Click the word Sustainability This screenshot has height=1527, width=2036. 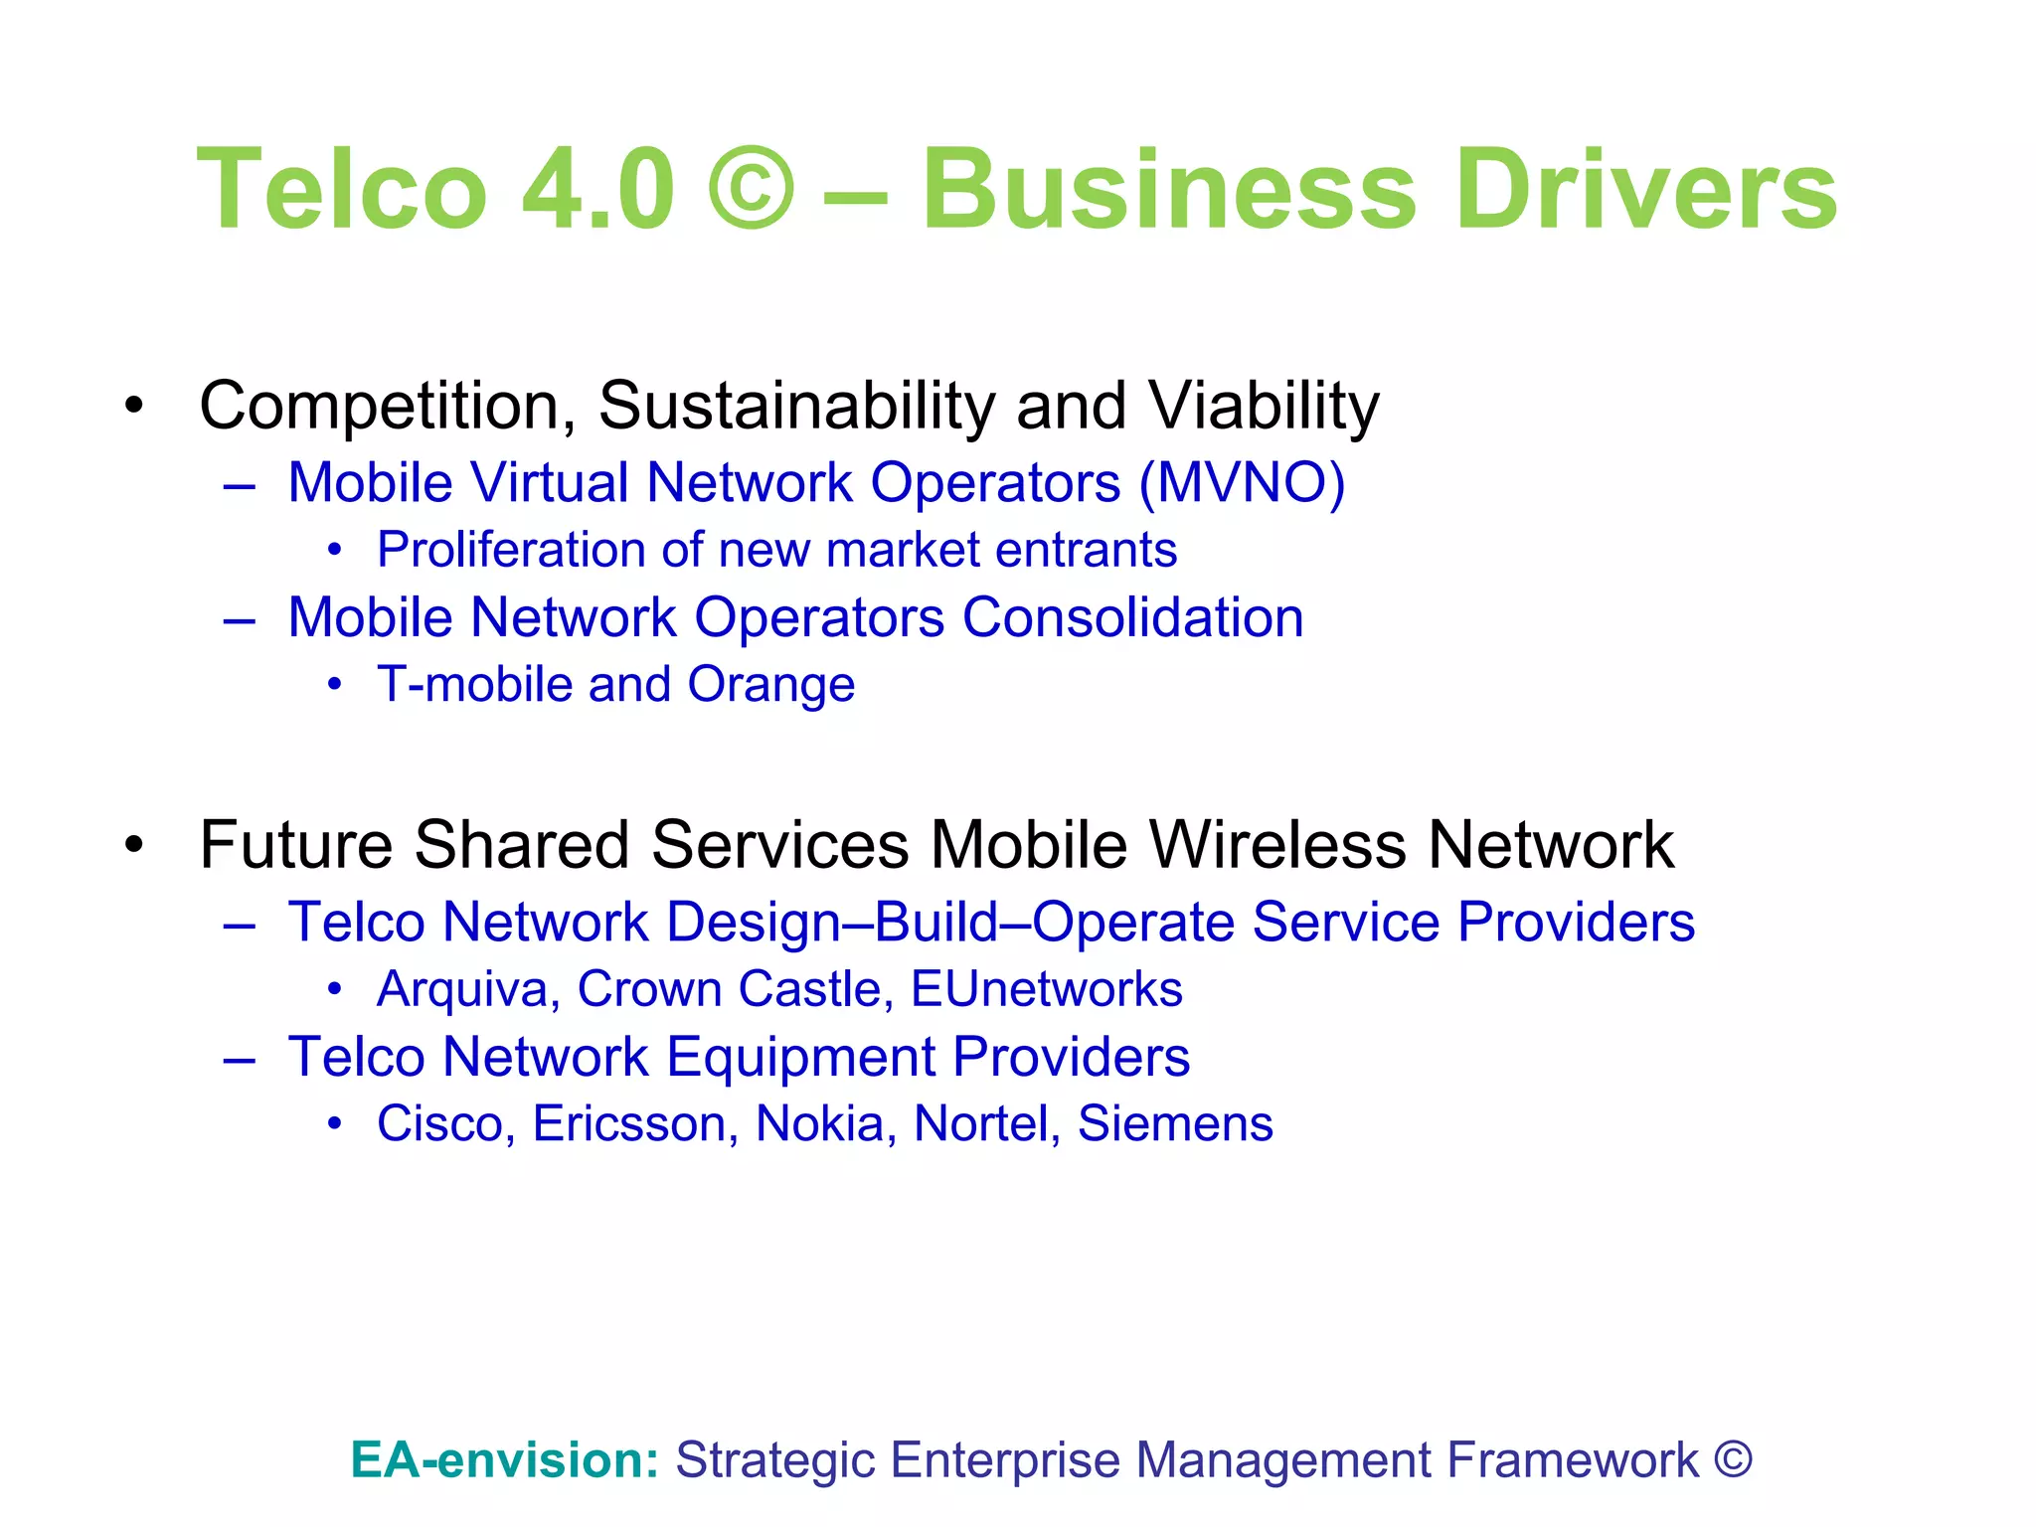coord(796,407)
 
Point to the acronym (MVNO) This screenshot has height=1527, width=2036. coord(1242,483)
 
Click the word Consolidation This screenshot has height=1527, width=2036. coord(1132,617)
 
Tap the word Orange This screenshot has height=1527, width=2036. coord(771,685)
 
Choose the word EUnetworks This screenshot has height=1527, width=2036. coord(1047,989)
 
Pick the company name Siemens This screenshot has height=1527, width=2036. coord(1175,1124)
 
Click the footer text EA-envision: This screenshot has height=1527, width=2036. coord(505,1460)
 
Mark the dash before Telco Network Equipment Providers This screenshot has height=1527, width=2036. coord(240,1059)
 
